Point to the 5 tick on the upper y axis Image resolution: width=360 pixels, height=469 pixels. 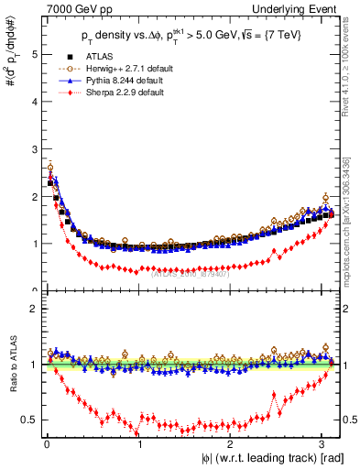point(33,54)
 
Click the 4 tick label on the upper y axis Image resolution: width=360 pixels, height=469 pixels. point(33,102)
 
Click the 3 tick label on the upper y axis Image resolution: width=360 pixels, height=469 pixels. point(33,149)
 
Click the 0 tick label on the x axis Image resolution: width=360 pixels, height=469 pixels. point(47,444)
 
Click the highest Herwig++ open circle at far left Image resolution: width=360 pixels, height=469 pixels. point(49,168)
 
